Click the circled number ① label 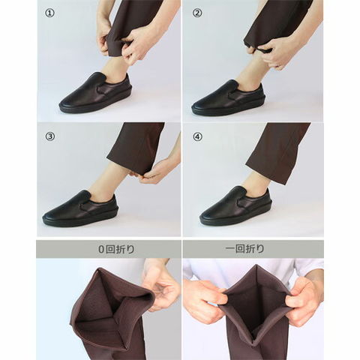49,13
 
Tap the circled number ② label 197,13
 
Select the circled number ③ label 49,136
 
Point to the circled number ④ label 197,136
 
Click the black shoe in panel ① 95,94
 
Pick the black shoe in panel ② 228,98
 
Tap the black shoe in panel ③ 79,209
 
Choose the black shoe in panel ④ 235,205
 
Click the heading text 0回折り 117,249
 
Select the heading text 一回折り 244,249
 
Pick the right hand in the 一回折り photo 304,300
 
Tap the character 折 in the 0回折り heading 122,249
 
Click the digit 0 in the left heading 101,250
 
